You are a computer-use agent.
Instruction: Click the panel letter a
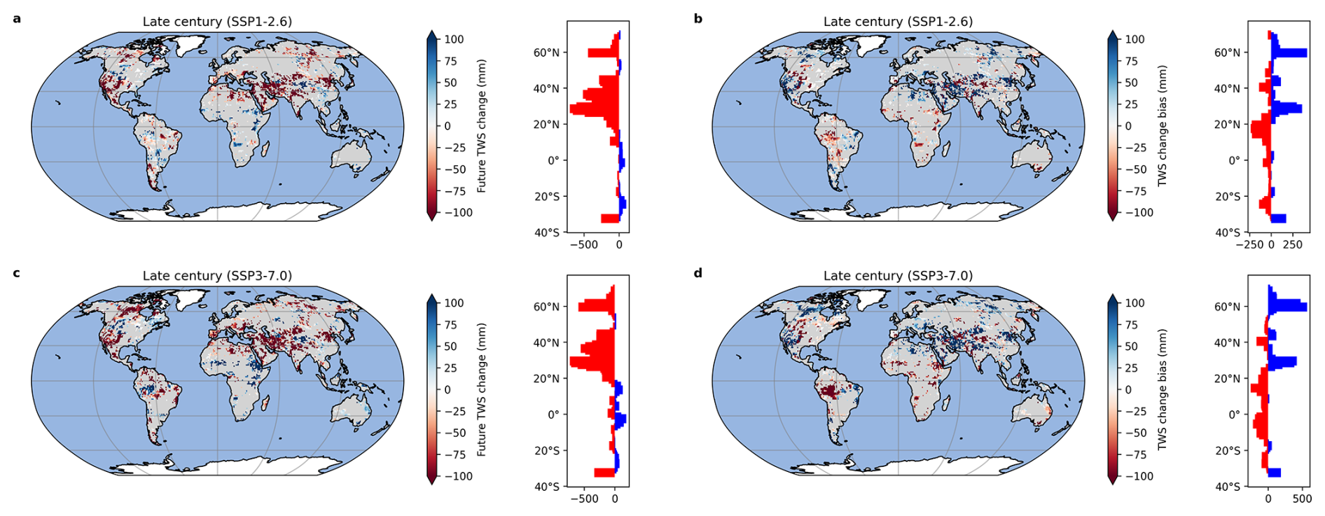pyautogui.click(x=17, y=19)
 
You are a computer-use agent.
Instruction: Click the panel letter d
pyautogui.click(x=698, y=273)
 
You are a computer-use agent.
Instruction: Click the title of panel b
pyautogui.click(x=898, y=22)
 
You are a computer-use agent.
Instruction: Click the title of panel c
pyautogui.click(x=217, y=276)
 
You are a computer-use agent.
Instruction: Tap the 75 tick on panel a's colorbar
pyautogui.click(x=450, y=61)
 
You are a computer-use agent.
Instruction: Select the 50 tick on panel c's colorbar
pyautogui.click(x=450, y=347)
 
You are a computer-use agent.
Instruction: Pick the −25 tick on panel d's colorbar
pyautogui.click(x=1135, y=411)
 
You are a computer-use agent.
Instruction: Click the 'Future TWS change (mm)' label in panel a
pyautogui.click(x=482, y=126)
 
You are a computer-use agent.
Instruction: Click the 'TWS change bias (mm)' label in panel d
pyautogui.click(x=1163, y=390)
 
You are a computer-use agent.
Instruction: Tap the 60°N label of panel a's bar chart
pyautogui.click(x=546, y=53)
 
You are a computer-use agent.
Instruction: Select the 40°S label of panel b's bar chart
pyautogui.click(x=1227, y=232)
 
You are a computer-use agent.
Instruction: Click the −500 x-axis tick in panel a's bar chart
pyautogui.click(x=583, y=245)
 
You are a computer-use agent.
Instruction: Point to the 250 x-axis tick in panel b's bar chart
pyautogui.click(x=1293, y=245)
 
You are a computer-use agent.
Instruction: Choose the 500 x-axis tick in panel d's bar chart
pyautogui.click(x=1302, y=499)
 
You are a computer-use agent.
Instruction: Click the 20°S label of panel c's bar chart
pyautogui.click(x=546, y=451)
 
